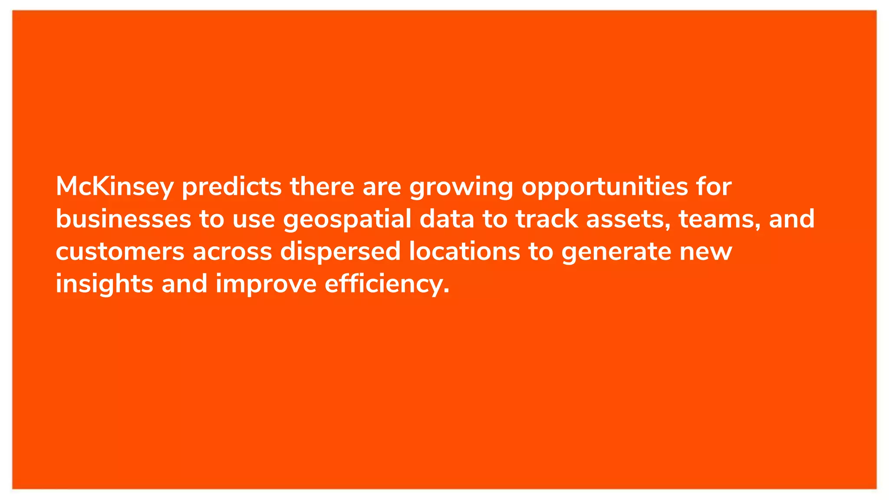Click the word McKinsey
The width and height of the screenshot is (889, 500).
(115, 187)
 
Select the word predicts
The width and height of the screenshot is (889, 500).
(232, 187)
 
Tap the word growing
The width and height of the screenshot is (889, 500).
(461, 187)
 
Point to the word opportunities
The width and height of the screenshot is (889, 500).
(605, 187)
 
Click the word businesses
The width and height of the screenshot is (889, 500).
(123, 219)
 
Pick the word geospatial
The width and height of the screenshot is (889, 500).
(347, 220)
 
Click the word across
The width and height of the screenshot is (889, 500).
(232, 252)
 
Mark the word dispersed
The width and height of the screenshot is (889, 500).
(340, 252)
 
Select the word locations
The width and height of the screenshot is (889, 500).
(464, 252)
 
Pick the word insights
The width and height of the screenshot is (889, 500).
(105, 284)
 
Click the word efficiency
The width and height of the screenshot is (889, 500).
(387, 284)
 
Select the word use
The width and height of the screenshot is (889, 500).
(254, 220)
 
